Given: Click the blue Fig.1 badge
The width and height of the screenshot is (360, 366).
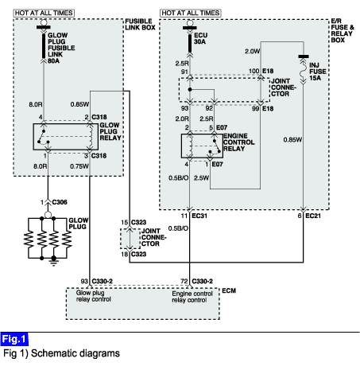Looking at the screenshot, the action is coord(14,339).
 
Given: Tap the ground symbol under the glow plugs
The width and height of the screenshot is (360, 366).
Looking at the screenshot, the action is coord(54,262).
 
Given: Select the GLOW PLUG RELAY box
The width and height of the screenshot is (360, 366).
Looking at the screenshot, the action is coord(66,137).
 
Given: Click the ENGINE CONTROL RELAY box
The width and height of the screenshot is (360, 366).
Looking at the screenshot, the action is coord(202,146).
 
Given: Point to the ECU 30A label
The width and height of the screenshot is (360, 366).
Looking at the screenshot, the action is coord(200,38).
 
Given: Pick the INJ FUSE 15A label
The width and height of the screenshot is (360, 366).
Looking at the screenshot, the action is coord(318,72).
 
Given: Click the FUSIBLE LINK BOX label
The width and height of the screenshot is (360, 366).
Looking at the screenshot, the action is coord(140,25).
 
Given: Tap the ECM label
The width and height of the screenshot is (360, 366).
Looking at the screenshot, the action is coord(229,290).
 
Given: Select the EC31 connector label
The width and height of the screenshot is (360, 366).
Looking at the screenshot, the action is coord(199,216).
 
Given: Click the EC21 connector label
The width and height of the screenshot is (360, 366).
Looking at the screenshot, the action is coord(313,216).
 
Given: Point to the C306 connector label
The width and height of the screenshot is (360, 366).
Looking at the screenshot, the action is coord(60,202).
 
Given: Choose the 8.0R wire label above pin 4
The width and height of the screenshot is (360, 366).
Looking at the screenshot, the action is coord(36,104).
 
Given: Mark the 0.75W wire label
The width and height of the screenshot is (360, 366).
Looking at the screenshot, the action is coord(79,166).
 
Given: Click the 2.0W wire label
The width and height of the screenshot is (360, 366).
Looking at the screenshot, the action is coord(252,51).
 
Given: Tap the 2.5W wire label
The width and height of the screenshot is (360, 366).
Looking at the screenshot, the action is coord(201,178).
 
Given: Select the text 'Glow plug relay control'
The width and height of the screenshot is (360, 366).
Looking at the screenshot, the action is coord(93,296).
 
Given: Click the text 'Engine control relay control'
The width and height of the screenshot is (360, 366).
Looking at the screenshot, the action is coord(192,297).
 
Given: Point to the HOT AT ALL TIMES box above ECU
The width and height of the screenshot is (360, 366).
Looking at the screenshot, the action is coord(191,13).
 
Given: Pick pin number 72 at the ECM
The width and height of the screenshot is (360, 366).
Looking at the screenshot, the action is coord(184,281).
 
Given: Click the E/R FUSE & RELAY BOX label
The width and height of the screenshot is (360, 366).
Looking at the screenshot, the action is coord(343,30).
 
